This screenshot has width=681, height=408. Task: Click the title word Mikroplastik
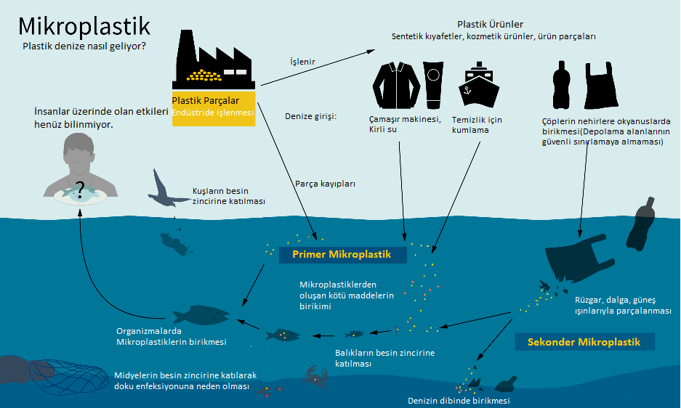[84, 26]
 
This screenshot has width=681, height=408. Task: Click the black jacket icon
[395, 83]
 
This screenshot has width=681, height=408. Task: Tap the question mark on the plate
[81, 187]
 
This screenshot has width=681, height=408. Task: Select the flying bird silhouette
[165, 189]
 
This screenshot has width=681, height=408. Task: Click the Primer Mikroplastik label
[341, 254]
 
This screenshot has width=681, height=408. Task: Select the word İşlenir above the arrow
[302, 62]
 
